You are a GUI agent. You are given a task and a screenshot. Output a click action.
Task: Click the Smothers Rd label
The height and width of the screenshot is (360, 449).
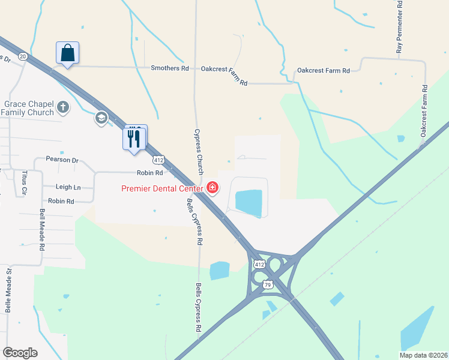tap(169, 68)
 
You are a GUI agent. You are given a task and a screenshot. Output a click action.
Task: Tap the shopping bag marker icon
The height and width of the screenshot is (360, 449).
tap(67, 53)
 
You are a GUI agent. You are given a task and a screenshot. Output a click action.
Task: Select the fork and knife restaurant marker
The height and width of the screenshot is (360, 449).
tap(134, 139)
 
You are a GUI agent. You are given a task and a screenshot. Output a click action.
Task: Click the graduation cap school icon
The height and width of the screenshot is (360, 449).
tap(101, 118)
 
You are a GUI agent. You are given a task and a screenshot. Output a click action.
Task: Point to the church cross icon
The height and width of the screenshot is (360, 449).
tap(63, 108)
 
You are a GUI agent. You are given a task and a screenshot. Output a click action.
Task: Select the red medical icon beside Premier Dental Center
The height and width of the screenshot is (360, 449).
tap(212, 188)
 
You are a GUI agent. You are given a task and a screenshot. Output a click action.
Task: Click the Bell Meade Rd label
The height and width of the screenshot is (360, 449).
tap(42, 230)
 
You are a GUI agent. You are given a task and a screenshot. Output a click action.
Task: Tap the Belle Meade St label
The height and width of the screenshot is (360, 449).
tap(8, 290)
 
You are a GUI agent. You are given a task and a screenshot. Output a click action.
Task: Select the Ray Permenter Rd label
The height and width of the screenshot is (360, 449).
tap(399, 27)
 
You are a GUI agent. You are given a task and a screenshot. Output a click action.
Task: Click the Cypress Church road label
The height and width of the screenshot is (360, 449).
tap(198, 151)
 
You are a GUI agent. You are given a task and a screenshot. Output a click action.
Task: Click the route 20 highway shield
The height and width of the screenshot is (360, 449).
tap(23, 56)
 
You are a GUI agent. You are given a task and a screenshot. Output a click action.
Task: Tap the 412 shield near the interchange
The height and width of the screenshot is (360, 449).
tap(259, 264)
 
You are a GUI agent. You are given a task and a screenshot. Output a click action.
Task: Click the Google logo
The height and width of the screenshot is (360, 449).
tap(20, 353)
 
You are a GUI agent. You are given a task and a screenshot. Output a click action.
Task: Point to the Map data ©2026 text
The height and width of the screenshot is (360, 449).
tap(423, 355)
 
